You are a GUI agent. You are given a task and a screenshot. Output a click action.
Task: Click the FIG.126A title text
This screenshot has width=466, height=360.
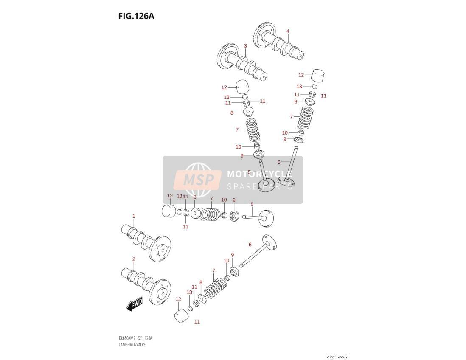point(136,16)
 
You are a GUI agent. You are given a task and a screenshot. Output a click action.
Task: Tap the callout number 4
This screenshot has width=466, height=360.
point(288,31)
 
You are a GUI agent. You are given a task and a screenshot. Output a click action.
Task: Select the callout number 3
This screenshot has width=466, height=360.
point(245,46)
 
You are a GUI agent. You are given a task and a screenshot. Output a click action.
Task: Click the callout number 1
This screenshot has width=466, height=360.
point(134,216)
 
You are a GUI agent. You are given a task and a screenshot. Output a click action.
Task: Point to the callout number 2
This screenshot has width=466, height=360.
point(134,259)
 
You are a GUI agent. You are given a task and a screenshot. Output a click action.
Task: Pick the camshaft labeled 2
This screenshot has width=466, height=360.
point(146,285)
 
